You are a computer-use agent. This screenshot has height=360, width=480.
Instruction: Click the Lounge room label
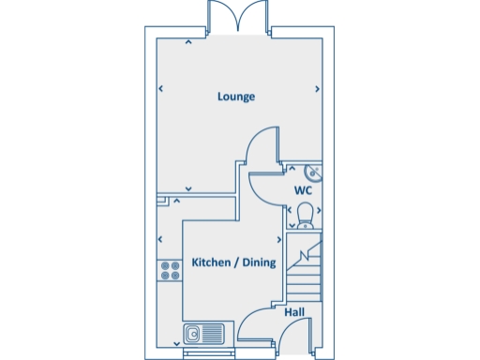point(236,97)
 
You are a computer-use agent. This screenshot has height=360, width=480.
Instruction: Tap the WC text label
point(303,190)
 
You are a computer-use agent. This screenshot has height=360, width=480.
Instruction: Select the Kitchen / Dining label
point(233,263)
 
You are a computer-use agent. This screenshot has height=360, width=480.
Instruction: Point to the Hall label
point(293,312)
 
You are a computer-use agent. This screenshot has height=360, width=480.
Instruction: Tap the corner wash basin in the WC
point(313,171)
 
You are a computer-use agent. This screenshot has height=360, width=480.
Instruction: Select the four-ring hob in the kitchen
point(171,271)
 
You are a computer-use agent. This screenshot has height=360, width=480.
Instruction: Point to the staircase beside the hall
point(304,269)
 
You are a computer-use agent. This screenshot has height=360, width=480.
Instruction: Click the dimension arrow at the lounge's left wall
point(161,90)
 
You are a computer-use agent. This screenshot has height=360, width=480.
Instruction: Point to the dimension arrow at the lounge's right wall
point(318,90)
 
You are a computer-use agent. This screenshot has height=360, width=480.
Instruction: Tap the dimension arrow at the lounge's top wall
point(188,41)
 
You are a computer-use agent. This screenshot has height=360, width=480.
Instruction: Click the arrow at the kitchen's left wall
point(161,240)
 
